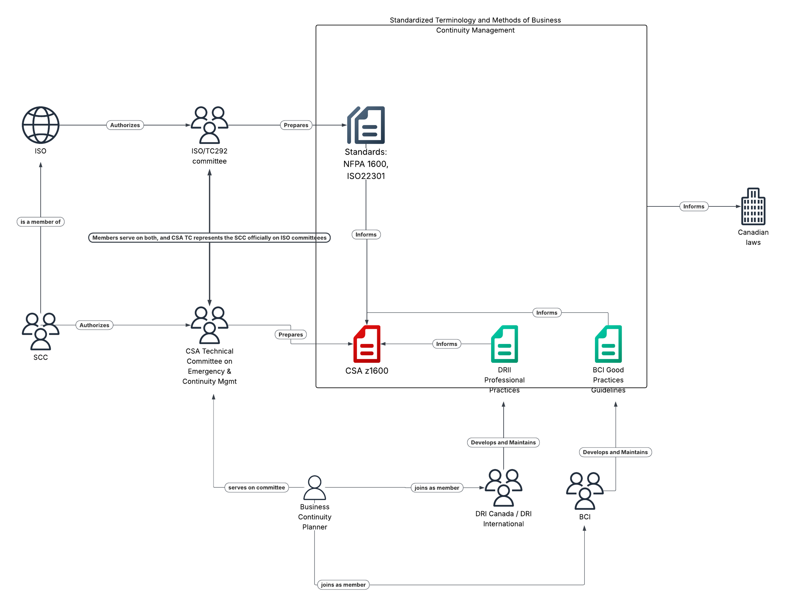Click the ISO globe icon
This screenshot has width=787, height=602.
pos(41,125)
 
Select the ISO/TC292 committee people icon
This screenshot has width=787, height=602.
pos(209,125)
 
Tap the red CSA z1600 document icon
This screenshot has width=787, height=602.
pos(367,344)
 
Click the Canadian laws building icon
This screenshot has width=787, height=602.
pos(753,206)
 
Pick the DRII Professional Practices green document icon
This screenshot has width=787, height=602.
pos(504,344)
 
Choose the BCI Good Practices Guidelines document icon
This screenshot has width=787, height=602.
pos(608,344)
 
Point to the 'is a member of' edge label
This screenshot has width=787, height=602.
pos(41,222)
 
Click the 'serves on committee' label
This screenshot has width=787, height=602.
pos(256,487)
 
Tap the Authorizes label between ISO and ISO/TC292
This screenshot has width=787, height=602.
pos(125,125)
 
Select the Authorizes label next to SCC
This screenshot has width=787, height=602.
pos(94,325)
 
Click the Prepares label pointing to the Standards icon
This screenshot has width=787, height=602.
pos(296,125)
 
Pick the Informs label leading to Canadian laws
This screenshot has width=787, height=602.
pos(694,206)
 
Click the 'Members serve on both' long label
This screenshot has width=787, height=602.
pos(209,238)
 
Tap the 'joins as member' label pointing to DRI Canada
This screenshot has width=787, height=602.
pos(437,488)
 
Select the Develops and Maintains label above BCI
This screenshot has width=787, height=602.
pos(615,452)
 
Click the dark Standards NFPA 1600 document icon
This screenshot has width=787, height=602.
pos(365,125)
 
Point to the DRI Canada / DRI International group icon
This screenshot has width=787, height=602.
pos(503,487)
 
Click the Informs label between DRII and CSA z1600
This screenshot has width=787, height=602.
pos(446,344)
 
